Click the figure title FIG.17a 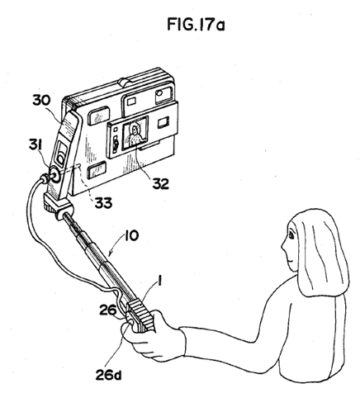(x=196, y=24)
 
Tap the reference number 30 (x=41, y=100)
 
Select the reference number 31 (x=36, y=145)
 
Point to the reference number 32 (x=161, y=183)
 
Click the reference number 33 (x=103, y=203)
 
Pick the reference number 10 (x=132, y=235)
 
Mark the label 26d (x=108, y=375)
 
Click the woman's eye (x=291, y=235)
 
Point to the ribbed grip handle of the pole (x=141, y=315)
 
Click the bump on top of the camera (x=125, y=82)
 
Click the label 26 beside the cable (x=108, y=310)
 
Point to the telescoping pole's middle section (x=93, y=251)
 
